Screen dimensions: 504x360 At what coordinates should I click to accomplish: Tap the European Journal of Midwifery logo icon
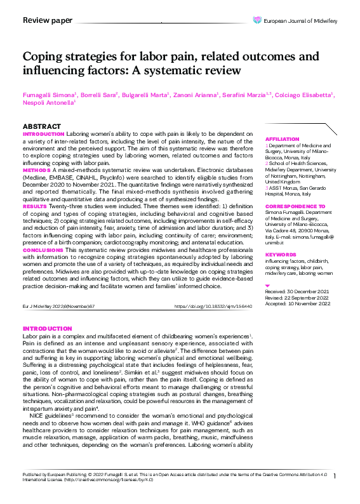tap(257, 20)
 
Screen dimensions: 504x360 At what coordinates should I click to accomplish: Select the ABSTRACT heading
tap(42, 127)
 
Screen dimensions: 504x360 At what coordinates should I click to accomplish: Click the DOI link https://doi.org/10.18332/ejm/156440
tap(213, 306)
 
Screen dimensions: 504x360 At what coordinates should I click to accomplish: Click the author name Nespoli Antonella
tap(48, 102)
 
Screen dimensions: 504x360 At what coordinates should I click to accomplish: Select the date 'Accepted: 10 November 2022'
tap(298, 303)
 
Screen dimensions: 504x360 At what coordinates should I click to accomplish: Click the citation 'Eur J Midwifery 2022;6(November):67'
tap(58, 306)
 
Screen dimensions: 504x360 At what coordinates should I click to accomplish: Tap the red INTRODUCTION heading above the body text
tap(47, 328)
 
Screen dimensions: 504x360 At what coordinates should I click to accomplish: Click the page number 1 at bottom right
tap(334, 476)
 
